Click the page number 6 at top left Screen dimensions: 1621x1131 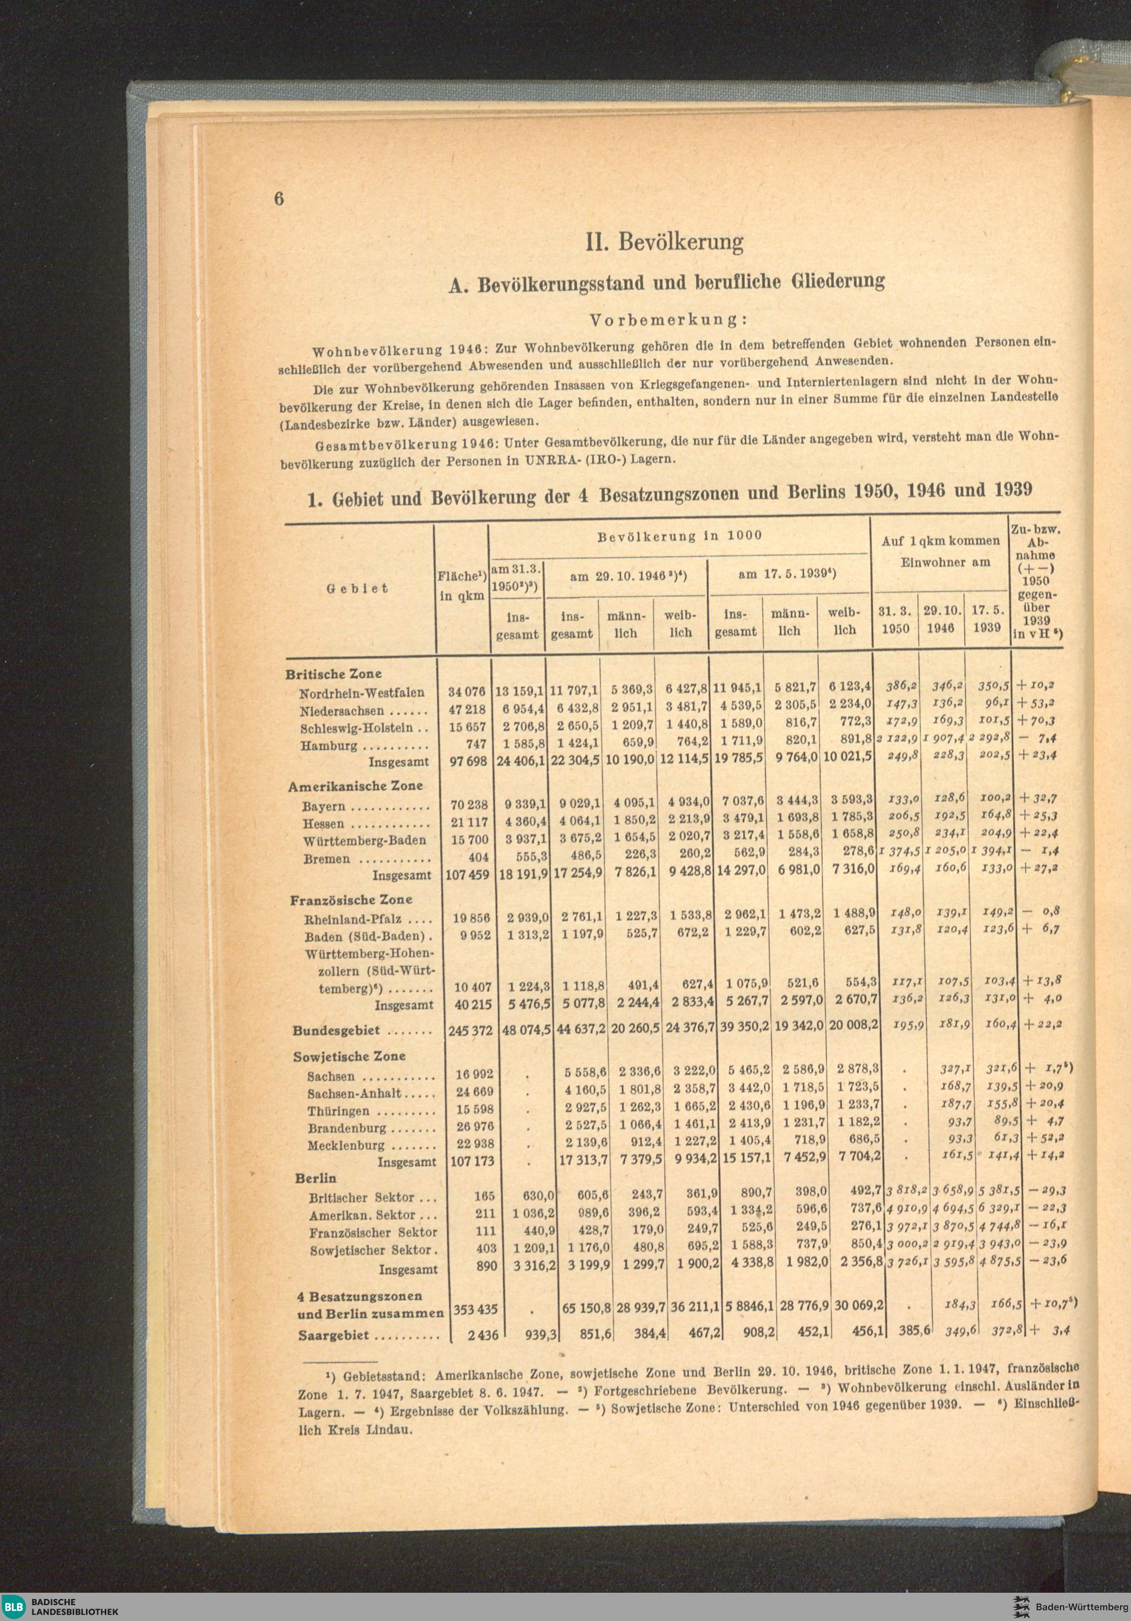(279, 199)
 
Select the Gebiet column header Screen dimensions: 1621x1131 (357, 588)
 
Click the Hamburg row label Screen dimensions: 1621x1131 (329, 746)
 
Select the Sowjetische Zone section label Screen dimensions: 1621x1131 (349, 1056)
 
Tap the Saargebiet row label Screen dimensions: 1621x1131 (335, 1336)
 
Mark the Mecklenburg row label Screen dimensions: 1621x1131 (346, 1145)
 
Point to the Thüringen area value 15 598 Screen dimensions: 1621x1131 (474, 1109)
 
